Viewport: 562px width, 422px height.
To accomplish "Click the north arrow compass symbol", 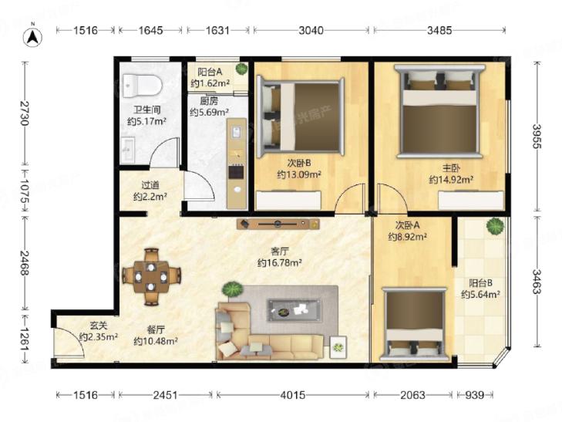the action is point(32,35).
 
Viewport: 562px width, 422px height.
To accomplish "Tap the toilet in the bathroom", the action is point(142,86).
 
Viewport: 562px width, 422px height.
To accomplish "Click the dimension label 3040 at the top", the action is point(311,31).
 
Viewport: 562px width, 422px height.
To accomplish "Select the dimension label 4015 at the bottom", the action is point(293,395).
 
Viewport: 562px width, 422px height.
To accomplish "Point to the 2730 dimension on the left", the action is point(25,113).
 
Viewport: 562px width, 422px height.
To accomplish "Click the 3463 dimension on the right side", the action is point(537,282).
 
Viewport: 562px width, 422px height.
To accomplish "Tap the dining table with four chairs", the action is point(151,276).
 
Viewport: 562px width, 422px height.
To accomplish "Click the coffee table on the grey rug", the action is point(294,310).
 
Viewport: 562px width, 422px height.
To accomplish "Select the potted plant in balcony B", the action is point(495,226).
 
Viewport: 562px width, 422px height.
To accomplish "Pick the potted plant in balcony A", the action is point(241,69).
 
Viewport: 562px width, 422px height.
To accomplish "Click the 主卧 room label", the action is point(451,167).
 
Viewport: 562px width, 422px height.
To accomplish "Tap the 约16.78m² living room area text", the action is point(280,263).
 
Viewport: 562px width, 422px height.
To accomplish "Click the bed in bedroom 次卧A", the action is point(414,324).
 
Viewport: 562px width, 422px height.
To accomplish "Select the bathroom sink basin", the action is point(128,150).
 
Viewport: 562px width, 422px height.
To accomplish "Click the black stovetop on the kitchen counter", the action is point(236,171).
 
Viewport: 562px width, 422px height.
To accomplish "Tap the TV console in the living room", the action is point(278,224).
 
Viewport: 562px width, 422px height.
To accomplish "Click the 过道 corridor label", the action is point(150,185).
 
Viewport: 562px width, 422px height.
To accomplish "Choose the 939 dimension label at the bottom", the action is point(475,395).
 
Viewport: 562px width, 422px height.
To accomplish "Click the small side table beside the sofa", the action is point(338,346).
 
